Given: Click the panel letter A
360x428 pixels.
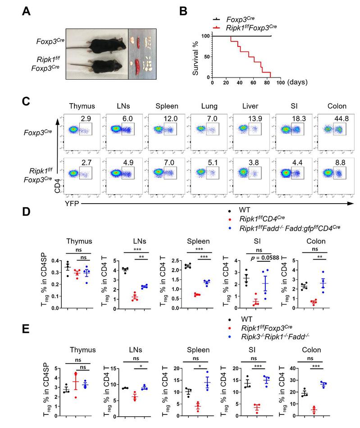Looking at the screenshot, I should point(27,10).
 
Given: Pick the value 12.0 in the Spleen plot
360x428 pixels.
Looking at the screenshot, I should point(167,118).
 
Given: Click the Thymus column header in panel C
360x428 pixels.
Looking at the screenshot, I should point(82,106).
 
